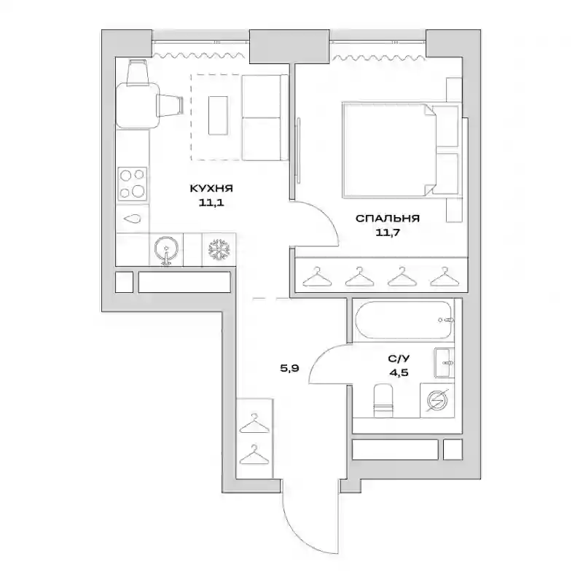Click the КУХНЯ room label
(x=211, y=188)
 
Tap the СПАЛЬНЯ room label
(x=388, y=218)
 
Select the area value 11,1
(x=211, y=203)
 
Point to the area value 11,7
(x=388, y=232)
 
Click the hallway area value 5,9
(x=289, y=369)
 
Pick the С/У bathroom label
(x=399, y=359)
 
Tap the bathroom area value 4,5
(x=399, y=372)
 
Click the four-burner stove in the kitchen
(x=133, y=184)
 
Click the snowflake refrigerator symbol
(x=219, y=249)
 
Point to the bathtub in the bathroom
(x=404, y=320)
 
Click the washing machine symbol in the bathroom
(x=437, y=400)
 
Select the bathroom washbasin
(x=445, y=362)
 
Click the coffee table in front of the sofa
(x=218, y=116)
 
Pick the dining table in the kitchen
(x=138, y=106)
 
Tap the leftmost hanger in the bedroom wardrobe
(x=317, y=277)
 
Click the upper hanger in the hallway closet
(x=254, y=423)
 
